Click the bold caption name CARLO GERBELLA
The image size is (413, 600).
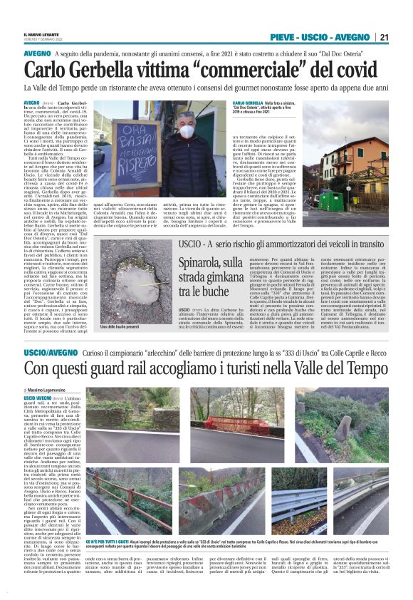(249, 103)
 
